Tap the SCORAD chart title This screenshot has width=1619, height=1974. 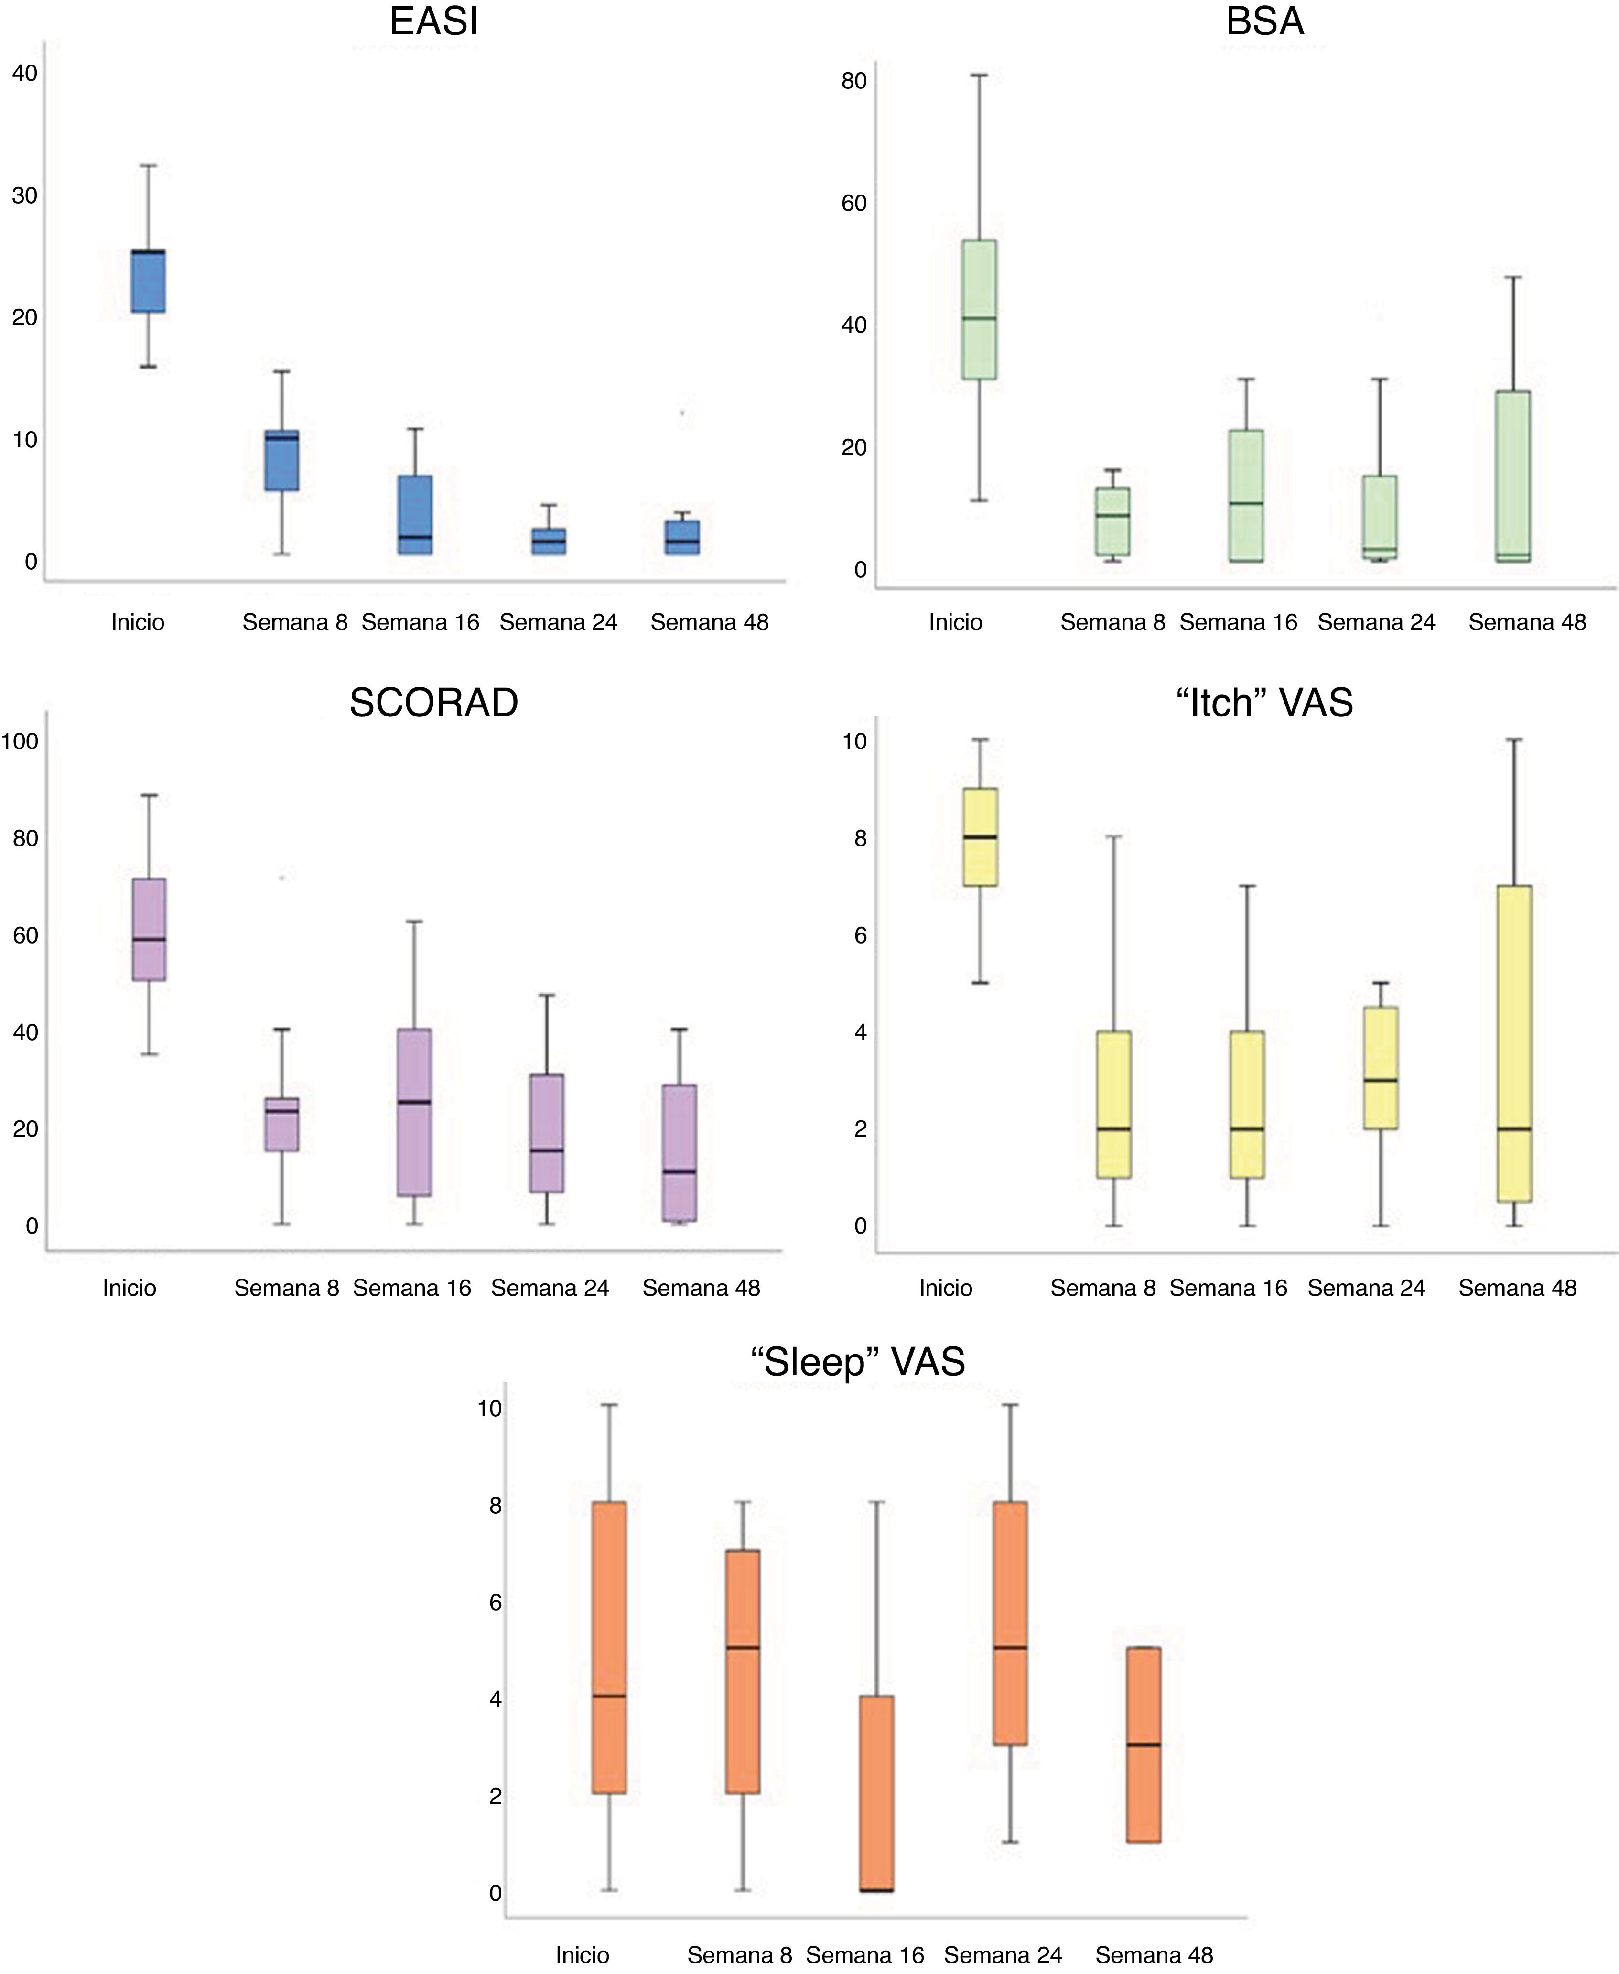434,703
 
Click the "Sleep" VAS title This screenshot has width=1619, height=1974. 857,1362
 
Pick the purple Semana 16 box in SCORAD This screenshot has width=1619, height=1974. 414,1112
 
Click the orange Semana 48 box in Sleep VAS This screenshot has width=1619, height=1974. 1144,1745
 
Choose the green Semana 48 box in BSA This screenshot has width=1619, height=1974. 1513,476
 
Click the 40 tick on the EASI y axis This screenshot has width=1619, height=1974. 25,73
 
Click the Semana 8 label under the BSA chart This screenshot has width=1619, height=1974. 1112,622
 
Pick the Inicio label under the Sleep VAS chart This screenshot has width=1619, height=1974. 582,1954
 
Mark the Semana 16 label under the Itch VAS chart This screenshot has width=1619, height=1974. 1228,1288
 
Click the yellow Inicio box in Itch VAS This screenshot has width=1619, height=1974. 980,837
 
